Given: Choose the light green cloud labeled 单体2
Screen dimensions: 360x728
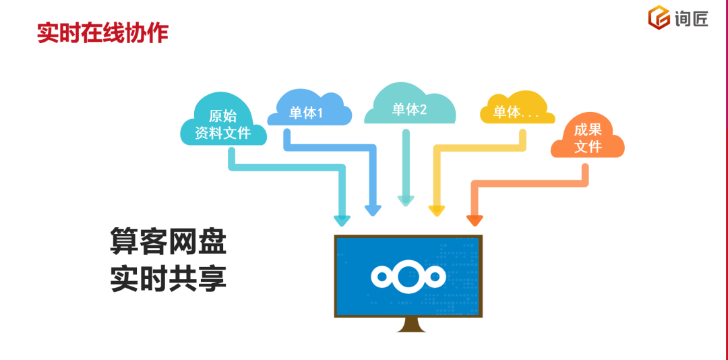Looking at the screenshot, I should [409, 108].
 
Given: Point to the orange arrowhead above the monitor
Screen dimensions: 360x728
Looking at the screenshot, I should [475, 220].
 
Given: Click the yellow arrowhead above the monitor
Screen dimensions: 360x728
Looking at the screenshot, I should [437, 211].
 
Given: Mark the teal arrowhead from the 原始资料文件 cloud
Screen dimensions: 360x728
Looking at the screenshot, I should [342, 220].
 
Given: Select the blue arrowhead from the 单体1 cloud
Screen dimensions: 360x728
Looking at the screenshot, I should [373, 210].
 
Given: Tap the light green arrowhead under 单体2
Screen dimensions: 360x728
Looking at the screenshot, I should [406, 200].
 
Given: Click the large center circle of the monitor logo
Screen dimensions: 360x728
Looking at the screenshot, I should [408, 276].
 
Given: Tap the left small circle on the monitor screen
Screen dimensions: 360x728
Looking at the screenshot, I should [381, 276].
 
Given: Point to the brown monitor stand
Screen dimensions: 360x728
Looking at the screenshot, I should [409, 324].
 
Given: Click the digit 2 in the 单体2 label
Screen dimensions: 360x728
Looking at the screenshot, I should [423, 110].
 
